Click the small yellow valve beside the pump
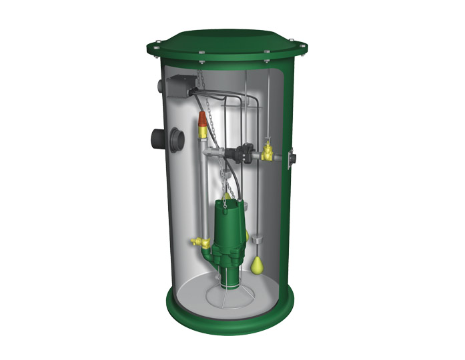pyautogui.click(x=199, y=242)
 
